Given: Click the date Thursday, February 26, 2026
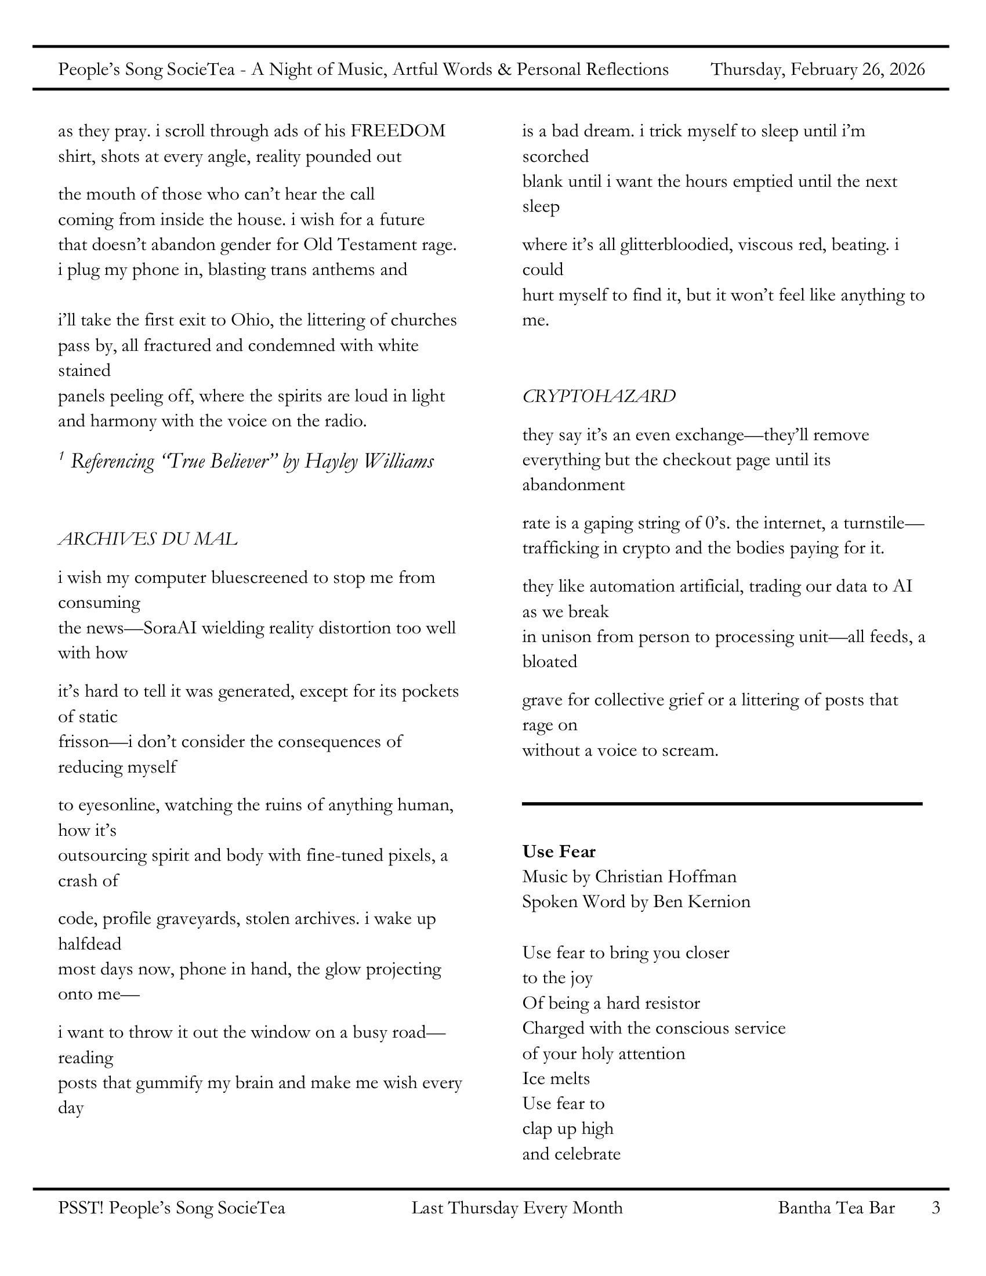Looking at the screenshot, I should pos(817,70).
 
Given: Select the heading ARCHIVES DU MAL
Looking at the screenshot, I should pos(147,539).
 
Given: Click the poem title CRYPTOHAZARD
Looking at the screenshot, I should pos(599,396).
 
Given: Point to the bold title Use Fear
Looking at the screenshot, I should pos(559,851).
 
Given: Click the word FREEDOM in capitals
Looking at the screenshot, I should pos(398,130).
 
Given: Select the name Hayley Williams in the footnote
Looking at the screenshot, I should pos(369,462).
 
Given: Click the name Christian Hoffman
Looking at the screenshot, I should pos(665,876).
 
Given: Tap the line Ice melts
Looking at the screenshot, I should pos(556,1078).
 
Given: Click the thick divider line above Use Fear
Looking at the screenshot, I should pos(722,804).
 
